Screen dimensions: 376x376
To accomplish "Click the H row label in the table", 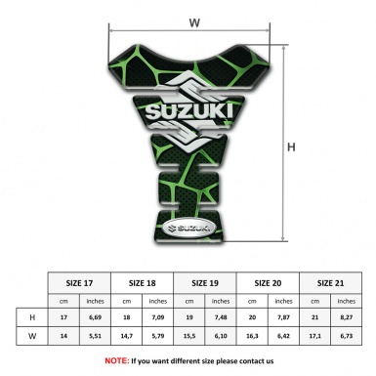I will (32, 317).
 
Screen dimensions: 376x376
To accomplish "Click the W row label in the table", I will (32, 337).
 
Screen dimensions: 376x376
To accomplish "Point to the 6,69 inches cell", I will (95, 317).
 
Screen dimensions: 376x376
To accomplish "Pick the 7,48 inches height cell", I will (222, 317).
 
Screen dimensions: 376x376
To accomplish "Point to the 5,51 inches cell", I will (95, 337).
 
